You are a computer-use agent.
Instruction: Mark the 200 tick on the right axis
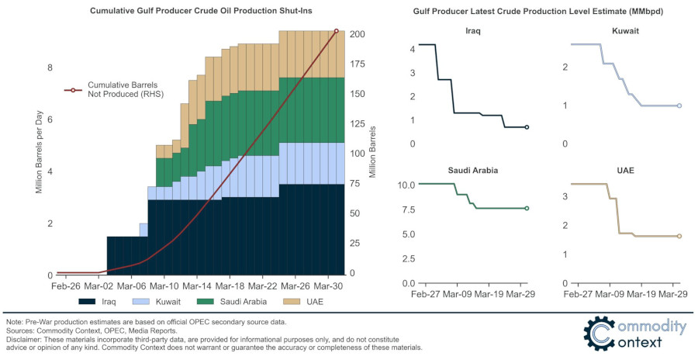(x=358, y=35)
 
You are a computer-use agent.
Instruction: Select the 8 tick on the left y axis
(x=50, y=68)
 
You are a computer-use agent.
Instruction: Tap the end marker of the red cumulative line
(x=337, y=31)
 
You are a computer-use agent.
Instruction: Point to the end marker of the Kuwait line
(x=679, y=106)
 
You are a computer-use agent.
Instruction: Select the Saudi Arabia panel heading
(x=472, y=170)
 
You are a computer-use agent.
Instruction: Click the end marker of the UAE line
(x=679, y=236)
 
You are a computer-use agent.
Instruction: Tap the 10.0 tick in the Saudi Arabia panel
(x=406, y=185)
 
